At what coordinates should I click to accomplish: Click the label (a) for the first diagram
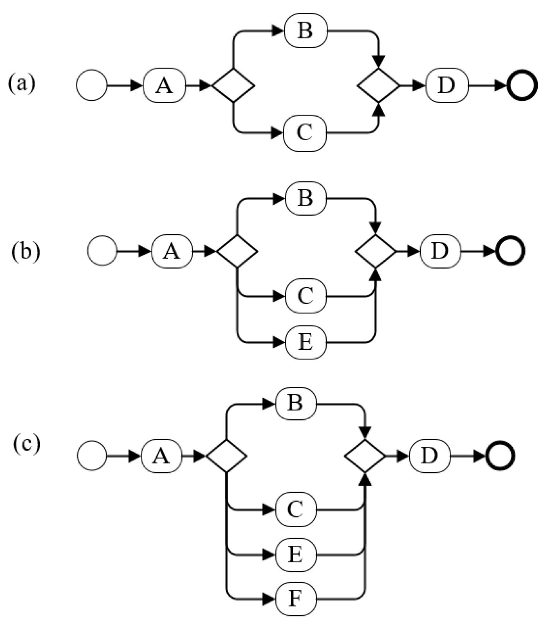tap(22, 84)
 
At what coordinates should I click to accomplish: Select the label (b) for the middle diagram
tap(25, 252)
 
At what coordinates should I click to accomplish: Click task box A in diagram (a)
tap(164, 86)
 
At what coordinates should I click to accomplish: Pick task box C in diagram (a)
tap(305, 133)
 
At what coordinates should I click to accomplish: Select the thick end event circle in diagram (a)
tap(522, 86)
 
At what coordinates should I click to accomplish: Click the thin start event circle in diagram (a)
tap(92, 85)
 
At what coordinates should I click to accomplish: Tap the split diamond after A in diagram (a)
tap(233, 85)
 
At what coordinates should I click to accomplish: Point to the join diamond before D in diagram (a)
tap(378, 85)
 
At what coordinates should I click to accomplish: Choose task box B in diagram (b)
tap(305, 199)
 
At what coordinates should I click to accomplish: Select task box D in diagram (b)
tap(440, 252)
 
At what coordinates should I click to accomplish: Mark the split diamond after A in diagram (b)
tap(237, 251)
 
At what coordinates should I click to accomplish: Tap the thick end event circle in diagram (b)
tap(510, 251)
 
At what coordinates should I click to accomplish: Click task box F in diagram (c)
tap(295, 599)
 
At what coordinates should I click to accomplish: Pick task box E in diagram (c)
tap(295, 555)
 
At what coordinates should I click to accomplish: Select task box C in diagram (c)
tap(295, 510)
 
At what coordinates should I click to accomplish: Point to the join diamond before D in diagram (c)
tap(365, 456)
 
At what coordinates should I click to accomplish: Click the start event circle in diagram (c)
tap(92, 456)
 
